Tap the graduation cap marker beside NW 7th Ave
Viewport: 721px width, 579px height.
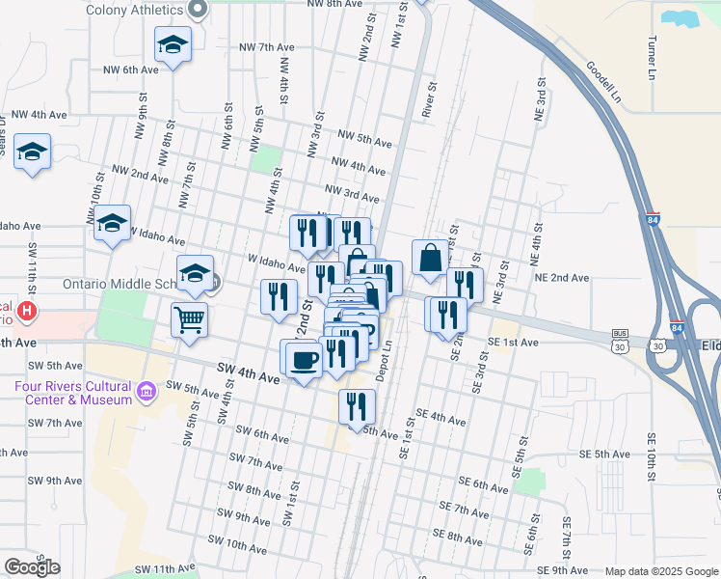click(173, 44)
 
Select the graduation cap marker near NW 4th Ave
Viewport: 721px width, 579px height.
click(32, 152)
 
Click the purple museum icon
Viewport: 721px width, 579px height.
click(147, 392)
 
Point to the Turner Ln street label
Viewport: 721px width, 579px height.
click(653, 59)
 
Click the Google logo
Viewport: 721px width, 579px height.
click(32, 567)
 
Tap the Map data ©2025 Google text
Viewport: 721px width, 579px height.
click(660, 571)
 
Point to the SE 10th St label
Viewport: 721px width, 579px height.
click(652, 463)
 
